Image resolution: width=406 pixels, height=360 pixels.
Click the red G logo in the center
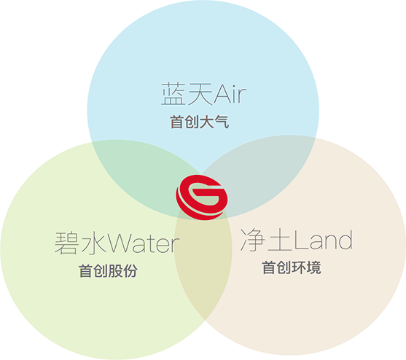pos(202,197)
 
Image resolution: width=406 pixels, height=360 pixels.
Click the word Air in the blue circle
pos(230,94)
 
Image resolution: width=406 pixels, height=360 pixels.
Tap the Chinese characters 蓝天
pos(187,94)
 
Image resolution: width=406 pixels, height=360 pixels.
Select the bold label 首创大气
pos(200,122)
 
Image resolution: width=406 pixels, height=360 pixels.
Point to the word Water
pos(144,243)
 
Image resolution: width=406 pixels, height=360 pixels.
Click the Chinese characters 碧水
pos(80,243)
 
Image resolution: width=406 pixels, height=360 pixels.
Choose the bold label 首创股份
pos(108,271)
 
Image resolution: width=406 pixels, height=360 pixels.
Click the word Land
pos(323,240)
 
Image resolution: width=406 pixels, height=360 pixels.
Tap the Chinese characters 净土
pos(267,240)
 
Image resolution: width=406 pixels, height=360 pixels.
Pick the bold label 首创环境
pos(292,267)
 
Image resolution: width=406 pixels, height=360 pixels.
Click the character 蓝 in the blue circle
pos(173,94)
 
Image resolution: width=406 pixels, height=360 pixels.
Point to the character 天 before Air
pos(200,94)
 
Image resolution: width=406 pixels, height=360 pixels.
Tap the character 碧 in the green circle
pos(66,243)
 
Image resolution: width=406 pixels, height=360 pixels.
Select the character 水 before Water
pos(94,243)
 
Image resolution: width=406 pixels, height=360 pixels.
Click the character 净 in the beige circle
pos(252,240)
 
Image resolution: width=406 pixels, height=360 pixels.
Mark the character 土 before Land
pos(280,240)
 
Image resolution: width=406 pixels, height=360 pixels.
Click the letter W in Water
pos(121,243)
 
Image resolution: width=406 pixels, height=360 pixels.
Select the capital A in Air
pos(222,94)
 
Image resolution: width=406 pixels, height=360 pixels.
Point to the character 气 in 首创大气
pos(222,122)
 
